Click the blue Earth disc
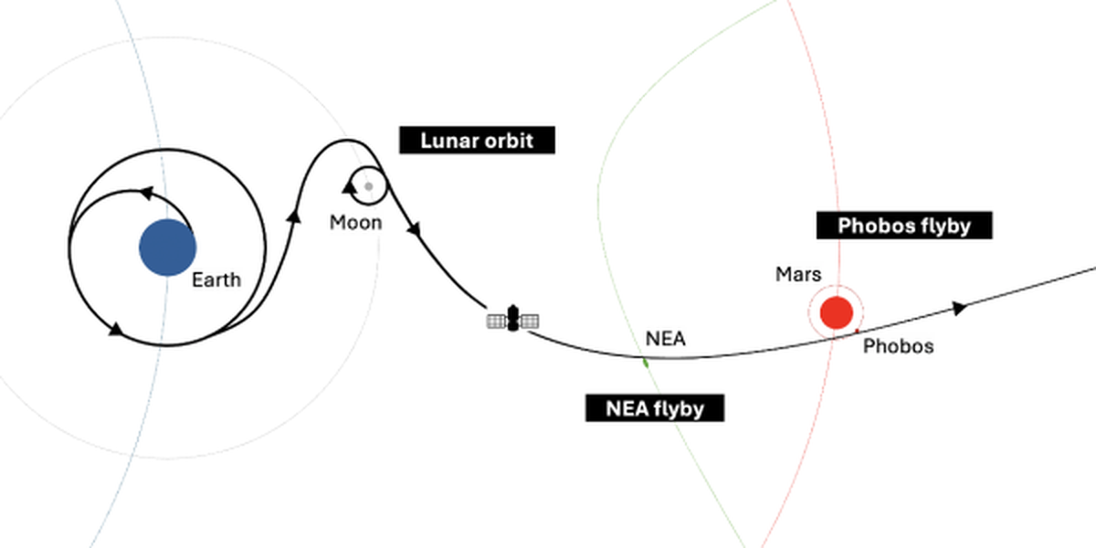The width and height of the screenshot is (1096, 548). coord(168,248)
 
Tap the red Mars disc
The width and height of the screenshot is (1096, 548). coord(837,312)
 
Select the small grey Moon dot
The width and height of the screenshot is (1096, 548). coord(369,186)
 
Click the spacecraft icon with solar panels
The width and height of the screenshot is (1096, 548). coord(512,319)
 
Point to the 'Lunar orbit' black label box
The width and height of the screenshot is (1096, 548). coord(477,141)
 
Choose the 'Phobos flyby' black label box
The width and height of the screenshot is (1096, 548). coord(904,226)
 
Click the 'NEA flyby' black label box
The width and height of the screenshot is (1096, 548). coord(655,408)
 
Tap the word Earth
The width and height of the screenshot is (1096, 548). coord(216,279)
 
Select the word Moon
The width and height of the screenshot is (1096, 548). coord(355,223)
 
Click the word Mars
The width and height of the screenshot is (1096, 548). coord(798,275)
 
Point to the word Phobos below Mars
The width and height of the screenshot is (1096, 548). coord(899,346)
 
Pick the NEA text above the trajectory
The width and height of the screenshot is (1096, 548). coord(666,339)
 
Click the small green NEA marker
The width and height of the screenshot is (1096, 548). coord(646,363)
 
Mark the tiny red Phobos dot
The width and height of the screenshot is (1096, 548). coord(857,332)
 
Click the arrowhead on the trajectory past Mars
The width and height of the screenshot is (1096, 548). coord(959,309)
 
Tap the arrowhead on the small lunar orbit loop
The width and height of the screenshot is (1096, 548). coord(349,187)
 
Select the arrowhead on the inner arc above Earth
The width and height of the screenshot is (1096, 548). coord(147,193)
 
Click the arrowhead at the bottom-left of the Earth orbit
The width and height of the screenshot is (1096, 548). coord(115,330)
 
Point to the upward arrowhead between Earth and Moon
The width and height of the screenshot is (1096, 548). coord(294,216)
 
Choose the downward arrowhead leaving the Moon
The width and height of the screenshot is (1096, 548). coord(415,229)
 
